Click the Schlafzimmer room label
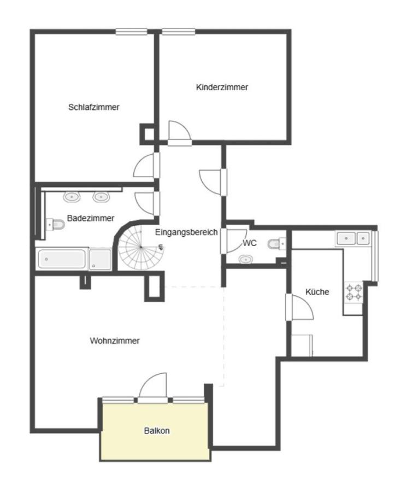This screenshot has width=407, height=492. click(94, 107)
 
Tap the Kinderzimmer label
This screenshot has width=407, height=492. click(222, 87)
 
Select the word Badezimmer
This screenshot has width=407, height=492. click(91, 218)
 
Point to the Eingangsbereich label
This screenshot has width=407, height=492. click(186, 232)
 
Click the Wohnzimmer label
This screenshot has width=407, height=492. click(115, 341)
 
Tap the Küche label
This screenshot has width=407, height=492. click(317, 292)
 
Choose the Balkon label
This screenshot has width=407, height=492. click(157, 431)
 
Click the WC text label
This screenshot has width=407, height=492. click(250, 243)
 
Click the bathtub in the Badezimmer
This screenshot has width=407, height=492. click(62, 259)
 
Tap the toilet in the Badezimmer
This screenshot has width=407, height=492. click(56, 224)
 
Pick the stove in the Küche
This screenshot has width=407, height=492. click(354, 292)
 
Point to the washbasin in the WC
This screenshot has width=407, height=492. click(245, 260)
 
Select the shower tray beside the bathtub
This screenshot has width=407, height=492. click(100, 259)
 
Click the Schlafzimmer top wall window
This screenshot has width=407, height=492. click(131, 31)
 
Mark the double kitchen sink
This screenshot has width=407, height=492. click(353, 238)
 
